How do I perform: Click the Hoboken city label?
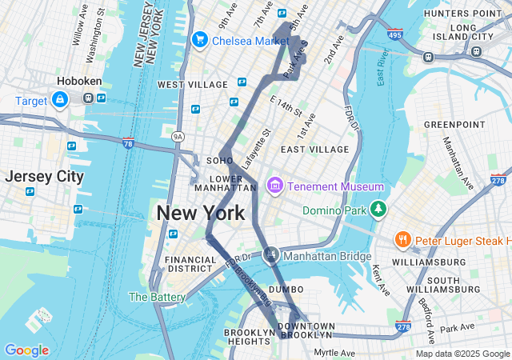click(x=77, y=82)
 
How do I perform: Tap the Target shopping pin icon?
click(x=59, y=98)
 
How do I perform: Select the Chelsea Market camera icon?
click(x=199, y=39)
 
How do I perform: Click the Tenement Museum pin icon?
click(x=275, y=186)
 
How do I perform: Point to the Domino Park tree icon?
click(x=377, y=210)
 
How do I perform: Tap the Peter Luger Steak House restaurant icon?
click(x=402, y=240)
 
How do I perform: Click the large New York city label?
click(x=200, y=214)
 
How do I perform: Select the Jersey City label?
click(x=44, y=177)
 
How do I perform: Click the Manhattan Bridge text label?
click(x=328, y=256)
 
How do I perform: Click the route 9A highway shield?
click(x=178, y=137)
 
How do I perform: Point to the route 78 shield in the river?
click(x=128, y=142)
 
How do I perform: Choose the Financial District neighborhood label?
click(x=190, y=265)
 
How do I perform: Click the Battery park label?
click(x=157, y=297)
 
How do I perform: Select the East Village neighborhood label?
click(x=314, y=149)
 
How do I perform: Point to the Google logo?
click(x=26, y=350)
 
